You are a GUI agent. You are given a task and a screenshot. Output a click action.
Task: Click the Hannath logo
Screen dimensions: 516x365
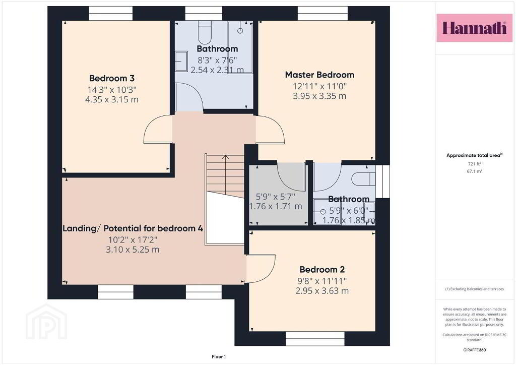point(474,28)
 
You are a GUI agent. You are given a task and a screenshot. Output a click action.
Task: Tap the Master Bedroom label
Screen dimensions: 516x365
point(319,75)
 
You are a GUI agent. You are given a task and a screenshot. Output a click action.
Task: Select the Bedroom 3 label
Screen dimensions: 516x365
point(112,78)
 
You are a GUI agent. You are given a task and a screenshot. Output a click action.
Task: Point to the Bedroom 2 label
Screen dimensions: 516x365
point(322,270)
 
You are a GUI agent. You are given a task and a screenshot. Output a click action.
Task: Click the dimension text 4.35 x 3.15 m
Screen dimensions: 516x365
point(112,99)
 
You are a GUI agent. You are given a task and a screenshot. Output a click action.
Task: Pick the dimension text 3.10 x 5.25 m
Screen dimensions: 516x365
point(133,250)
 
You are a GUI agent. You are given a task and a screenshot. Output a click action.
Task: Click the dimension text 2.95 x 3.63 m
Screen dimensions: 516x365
point(322,290)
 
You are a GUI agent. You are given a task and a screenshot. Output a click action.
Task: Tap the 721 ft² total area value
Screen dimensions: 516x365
point(474,163)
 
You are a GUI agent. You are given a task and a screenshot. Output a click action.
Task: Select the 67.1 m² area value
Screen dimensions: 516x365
point(474,171)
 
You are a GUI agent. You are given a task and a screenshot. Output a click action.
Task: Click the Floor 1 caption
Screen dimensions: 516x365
point(219,356)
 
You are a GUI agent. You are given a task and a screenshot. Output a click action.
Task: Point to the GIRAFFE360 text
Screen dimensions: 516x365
point(474,350)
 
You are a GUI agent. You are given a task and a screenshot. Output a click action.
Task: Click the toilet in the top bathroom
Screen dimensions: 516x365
point(205,33)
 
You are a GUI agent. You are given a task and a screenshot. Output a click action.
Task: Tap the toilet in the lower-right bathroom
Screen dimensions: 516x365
point(363,179)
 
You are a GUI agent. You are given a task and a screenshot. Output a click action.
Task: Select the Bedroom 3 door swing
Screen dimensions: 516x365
point(158,129)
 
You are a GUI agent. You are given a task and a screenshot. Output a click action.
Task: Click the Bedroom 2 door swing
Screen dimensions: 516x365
point(261,269)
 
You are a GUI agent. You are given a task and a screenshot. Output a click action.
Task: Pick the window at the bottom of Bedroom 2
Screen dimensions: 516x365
point(315,339)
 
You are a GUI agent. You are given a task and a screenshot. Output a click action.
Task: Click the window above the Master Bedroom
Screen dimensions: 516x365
point(322,14)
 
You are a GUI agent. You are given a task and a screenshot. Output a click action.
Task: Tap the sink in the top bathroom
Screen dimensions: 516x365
point(181,61)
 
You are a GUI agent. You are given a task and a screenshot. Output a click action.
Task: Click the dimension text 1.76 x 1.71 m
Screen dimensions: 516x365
point(276,206)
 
